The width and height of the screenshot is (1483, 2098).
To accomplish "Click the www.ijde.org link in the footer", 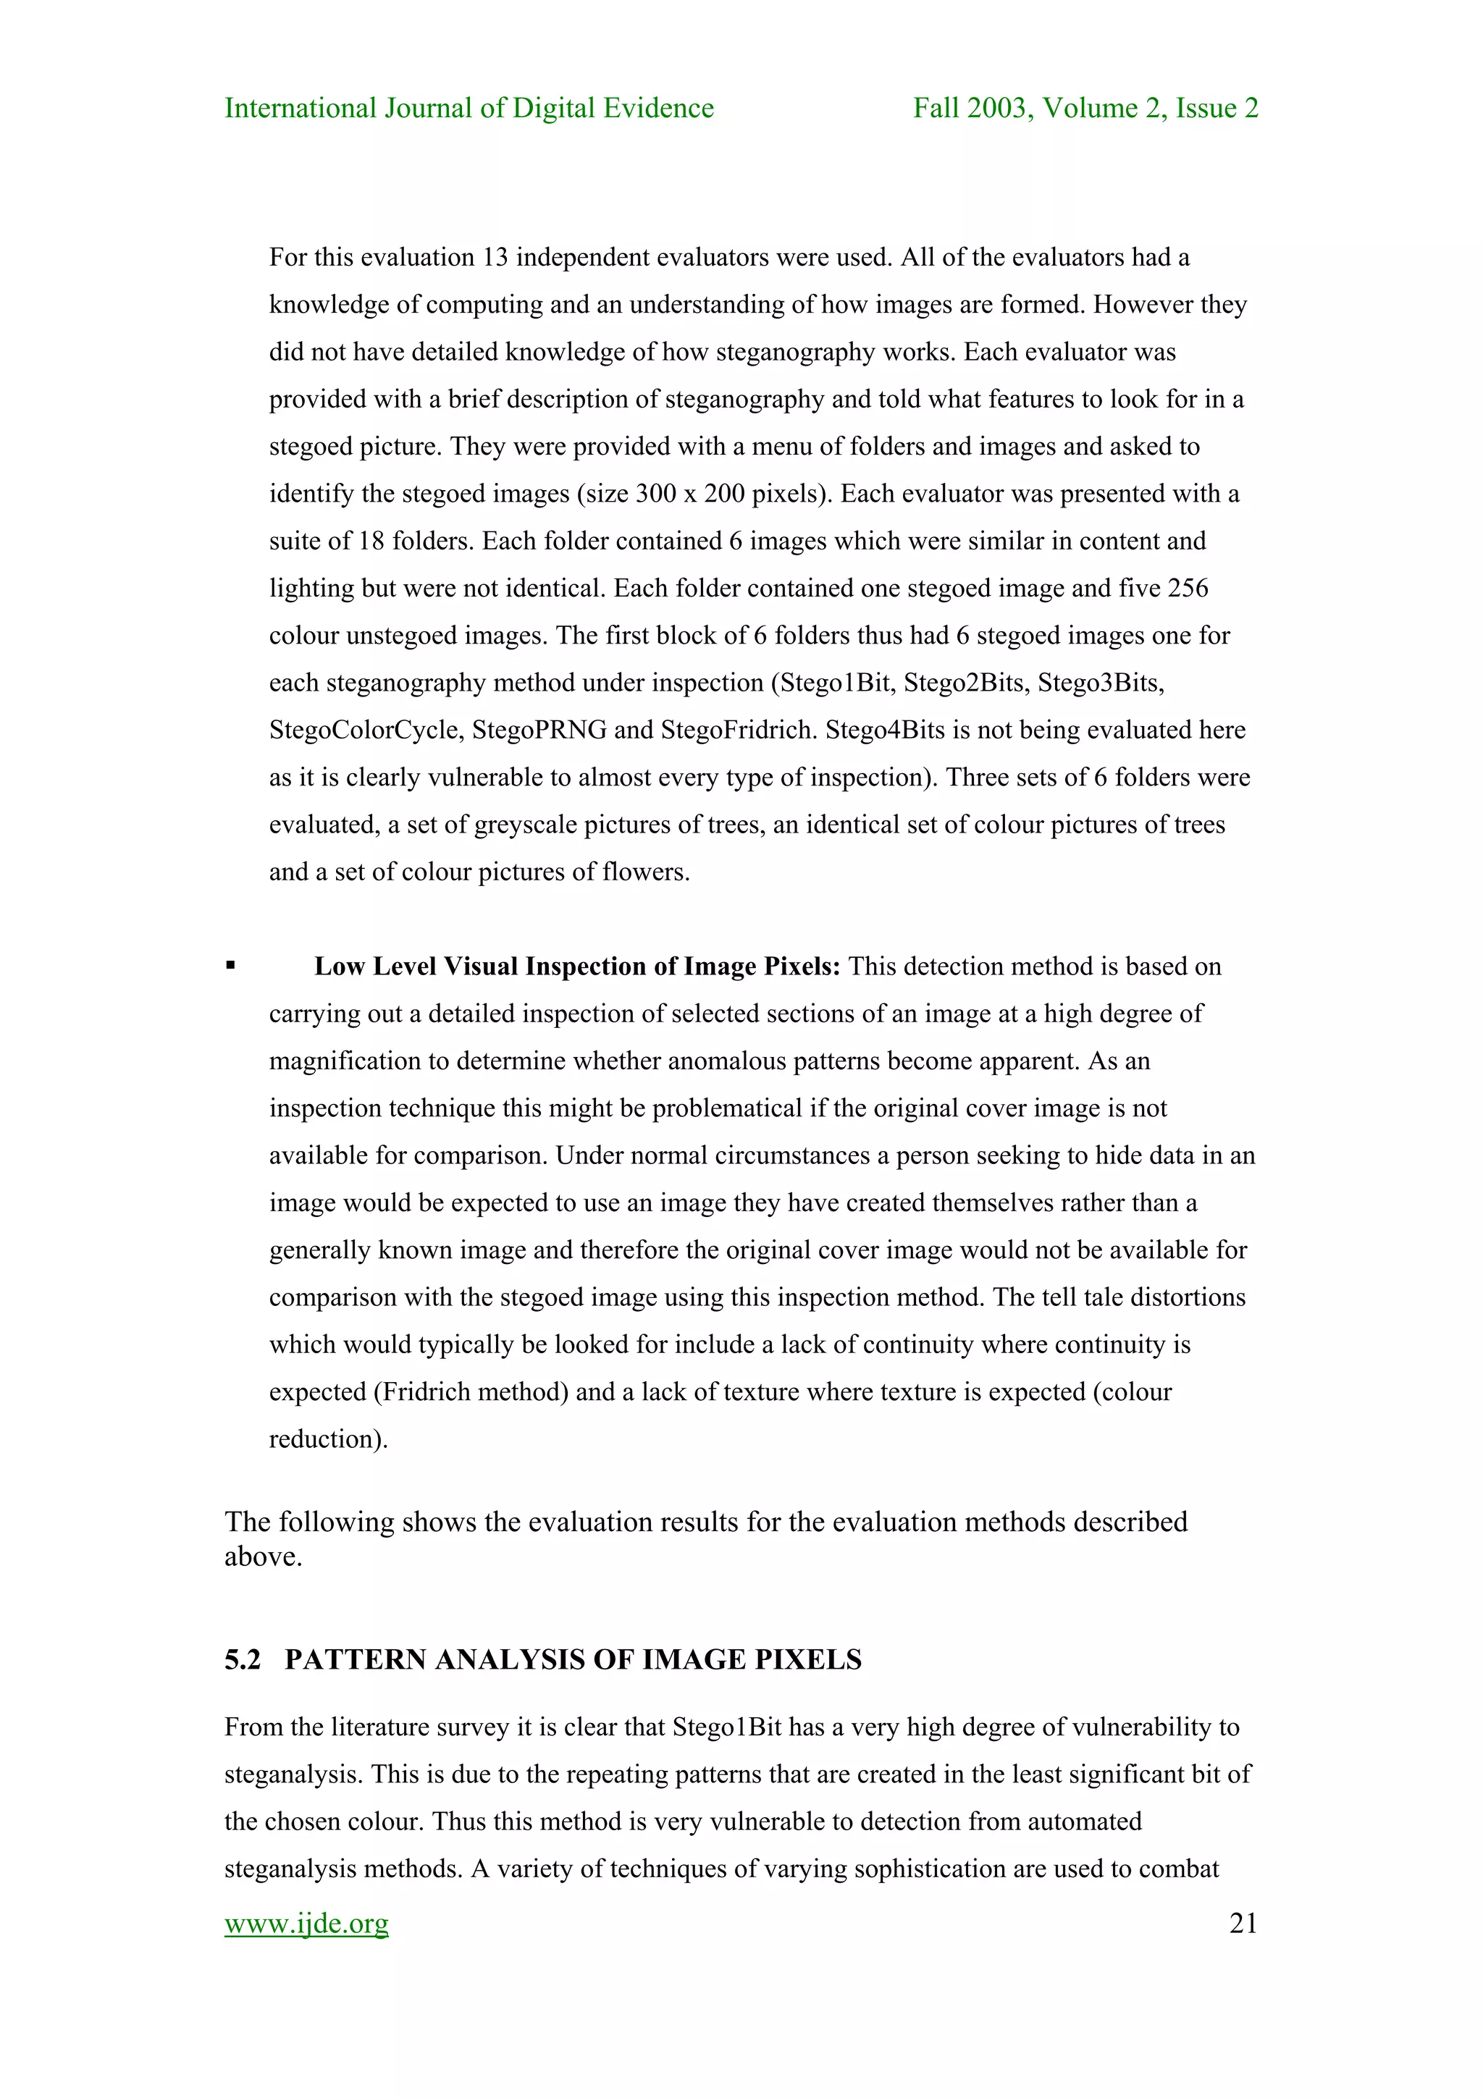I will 306,1924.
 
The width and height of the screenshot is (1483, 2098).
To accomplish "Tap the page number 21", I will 1243,1924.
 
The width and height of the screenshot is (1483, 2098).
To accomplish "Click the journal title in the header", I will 469,108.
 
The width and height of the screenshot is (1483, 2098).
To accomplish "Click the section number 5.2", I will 242,1659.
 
